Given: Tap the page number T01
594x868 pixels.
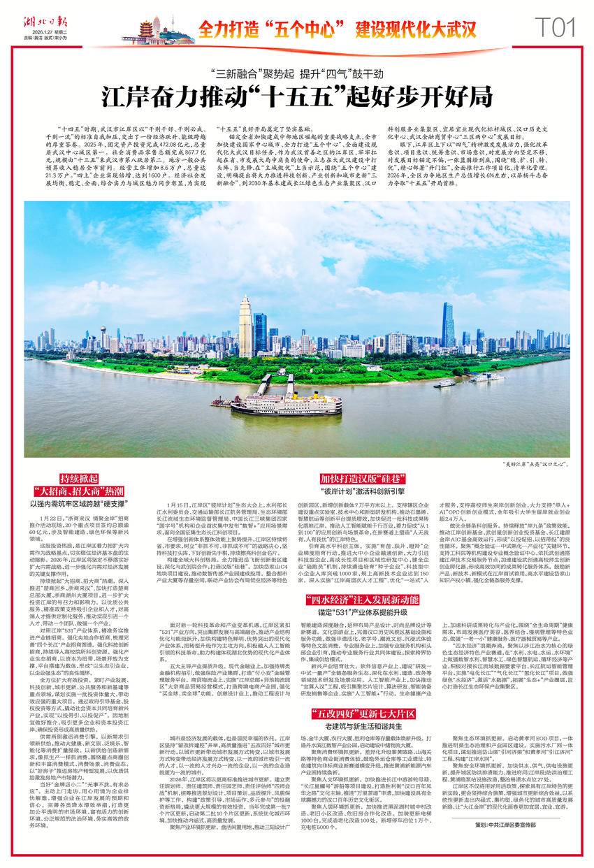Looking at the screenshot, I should click(555, 27).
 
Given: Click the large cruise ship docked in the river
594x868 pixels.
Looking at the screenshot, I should click(280, 404).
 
